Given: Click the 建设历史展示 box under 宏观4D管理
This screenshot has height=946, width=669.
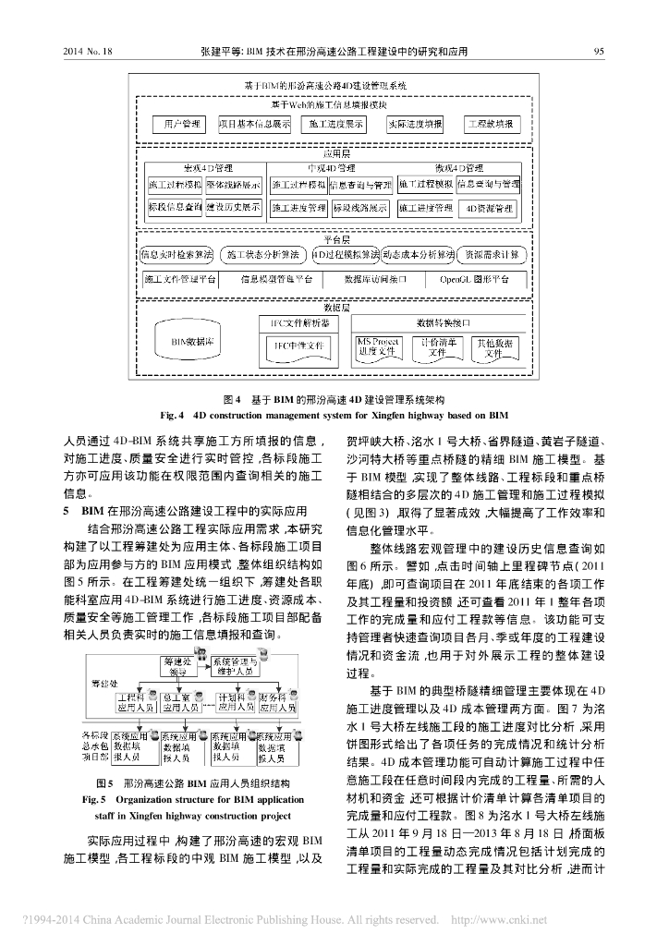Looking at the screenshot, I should click(233, 209).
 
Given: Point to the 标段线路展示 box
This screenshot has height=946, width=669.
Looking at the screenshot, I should click(360, 209).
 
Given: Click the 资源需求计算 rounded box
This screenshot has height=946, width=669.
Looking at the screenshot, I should click(492, 253).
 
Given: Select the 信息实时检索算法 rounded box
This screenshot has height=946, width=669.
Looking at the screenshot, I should click(176, 253).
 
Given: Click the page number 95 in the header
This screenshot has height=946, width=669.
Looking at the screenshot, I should click(599, 53).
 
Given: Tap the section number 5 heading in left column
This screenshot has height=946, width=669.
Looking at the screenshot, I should click(67, 509).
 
